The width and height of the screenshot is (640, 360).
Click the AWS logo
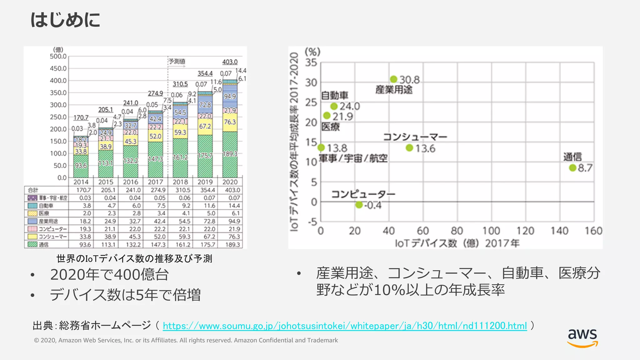(x=582, y=338)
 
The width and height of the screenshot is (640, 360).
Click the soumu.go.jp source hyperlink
(x=345, y=326)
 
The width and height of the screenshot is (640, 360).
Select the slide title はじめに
(x=65, y=20)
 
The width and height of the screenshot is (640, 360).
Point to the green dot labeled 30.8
(x=394, y=79)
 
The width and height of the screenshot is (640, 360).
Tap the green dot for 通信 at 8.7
(x=572, y=168)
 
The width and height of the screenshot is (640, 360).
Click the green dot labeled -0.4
(x=359, y=205)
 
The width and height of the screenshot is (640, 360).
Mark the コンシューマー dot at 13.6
(x=409, y=147)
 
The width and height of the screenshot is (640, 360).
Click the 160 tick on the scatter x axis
(x=593, y=231)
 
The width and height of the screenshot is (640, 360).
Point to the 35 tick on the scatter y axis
(x=311, y=62)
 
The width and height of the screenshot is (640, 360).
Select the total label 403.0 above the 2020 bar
(x=230, y=62)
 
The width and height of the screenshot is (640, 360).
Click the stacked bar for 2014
(x=81, y=157)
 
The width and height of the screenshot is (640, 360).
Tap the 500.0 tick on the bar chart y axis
(x=58, y=56)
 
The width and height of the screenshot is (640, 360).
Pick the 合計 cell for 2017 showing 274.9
(x=158, y=190)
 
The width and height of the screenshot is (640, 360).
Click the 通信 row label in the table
(x=44, y=245)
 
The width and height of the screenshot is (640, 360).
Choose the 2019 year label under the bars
(x=205, y=182)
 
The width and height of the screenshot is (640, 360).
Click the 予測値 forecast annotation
(x=177, y=61)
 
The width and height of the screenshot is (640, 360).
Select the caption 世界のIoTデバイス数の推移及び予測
(x=134, y=258)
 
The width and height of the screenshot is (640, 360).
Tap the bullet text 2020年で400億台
(x=109, y=275)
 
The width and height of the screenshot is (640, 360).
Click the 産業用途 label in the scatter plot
(x=394, y=90)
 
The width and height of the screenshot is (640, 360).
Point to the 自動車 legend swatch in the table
(x=32, y=206)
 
